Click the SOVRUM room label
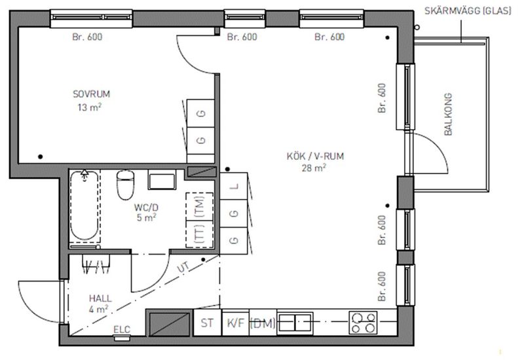tap(91, 94)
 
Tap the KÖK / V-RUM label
tap(315, 156)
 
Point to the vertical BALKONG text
tap(448, 115)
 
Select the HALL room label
tap(100, 298)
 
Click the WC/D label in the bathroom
tap(146, 207)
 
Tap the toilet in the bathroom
tap(126, 185)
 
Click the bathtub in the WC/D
tap(84, 205)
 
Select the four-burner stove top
tap(363, 323)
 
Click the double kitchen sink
tap(295, 323)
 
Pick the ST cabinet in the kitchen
tap(207, 323)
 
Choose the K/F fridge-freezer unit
tap(236, 323)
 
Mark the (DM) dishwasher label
tap(263, 323)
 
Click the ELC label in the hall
tap(122, 329)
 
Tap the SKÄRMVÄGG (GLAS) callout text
tap(468, 11)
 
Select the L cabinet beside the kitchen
tap(234, 186)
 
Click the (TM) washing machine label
tap(200, 206)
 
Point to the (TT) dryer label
tap(200, 234)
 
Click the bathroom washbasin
tap(162, 180)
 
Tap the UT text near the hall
tap(183, 267)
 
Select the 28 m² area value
tap(314, 168)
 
